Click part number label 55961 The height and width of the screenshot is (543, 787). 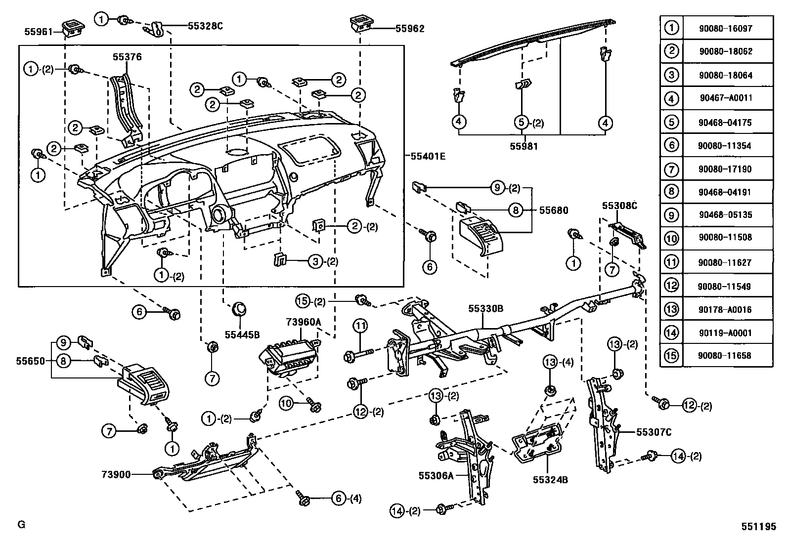(x=38, y=32)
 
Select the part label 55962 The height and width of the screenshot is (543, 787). (x=410, y=29)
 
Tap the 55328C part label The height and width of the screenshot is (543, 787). (x=205, y=26)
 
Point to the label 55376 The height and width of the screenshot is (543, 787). (x=127, y=57)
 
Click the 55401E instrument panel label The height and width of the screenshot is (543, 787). (x=428, y=156)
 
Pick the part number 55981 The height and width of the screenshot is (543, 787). (x=524, y=146)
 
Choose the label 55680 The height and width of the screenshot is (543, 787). (x=554, y=210)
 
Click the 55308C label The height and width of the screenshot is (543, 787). (x=619, y=206)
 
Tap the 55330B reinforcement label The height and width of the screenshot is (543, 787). (x=485, y=309)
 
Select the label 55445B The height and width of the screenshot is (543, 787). (x=242, y=334)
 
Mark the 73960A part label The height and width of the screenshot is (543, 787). (x=304, y=322)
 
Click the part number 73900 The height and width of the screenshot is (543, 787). (x=116, y=474)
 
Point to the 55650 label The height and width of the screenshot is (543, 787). (x=31, y=361)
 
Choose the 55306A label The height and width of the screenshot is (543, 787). (x=436, y=476)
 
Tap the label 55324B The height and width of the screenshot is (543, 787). (x=550, y=480)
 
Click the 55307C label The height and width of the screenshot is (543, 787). (x=654, y=432)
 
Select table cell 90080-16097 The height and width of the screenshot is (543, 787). (x=726, y=29)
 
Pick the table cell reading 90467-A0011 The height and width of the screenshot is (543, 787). (x=726, y=98)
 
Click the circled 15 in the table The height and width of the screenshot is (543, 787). (x=671, y=355)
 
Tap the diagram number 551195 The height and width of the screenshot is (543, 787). (x=759, y=527)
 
